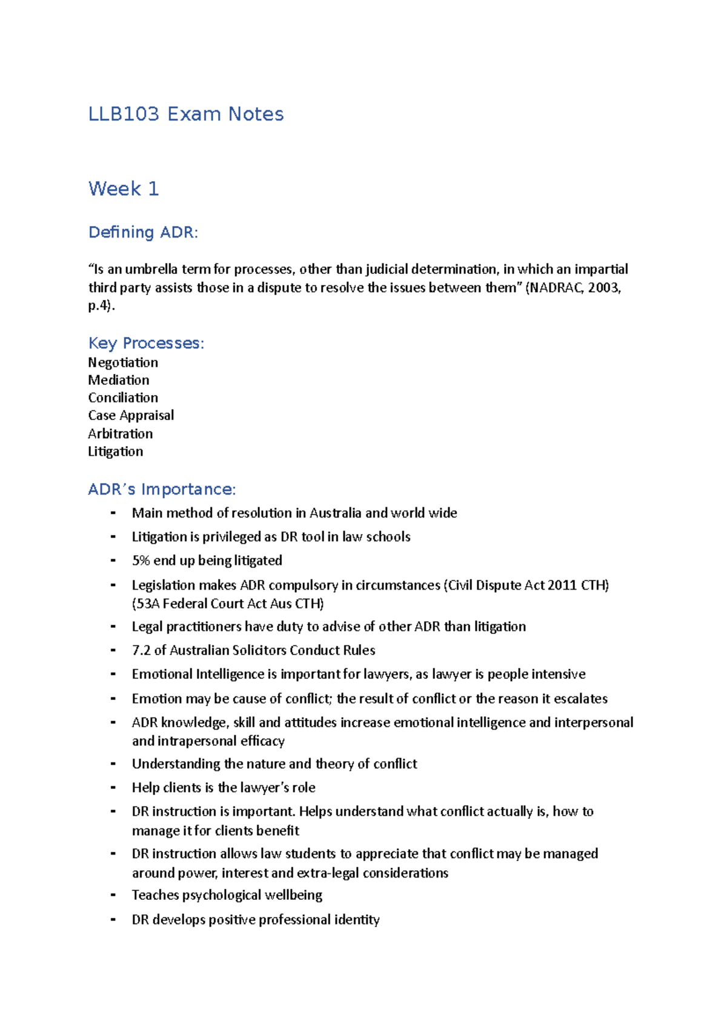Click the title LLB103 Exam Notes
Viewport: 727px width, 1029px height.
(x=186, y=114)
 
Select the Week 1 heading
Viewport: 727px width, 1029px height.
(x=124, y=188)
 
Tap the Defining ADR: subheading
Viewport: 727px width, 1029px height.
(x=143, y=232)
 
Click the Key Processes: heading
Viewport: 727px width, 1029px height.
(x=146, y=343)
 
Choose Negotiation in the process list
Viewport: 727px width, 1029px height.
(x=123, y=362)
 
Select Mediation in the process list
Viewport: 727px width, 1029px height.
(x=119, y=380)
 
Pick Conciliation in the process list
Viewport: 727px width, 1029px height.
(x=123, y=398)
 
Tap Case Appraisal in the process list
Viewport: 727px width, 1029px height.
(x=131, y=415)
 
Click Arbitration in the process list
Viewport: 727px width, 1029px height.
(x=120, y=433)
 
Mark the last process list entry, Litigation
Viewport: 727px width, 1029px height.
(x=116, y=451)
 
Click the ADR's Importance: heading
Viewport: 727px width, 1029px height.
(x=162, y=489)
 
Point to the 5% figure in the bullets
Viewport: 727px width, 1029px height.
(x=141, y=561)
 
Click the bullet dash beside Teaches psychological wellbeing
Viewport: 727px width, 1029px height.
(x=113, y=895)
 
